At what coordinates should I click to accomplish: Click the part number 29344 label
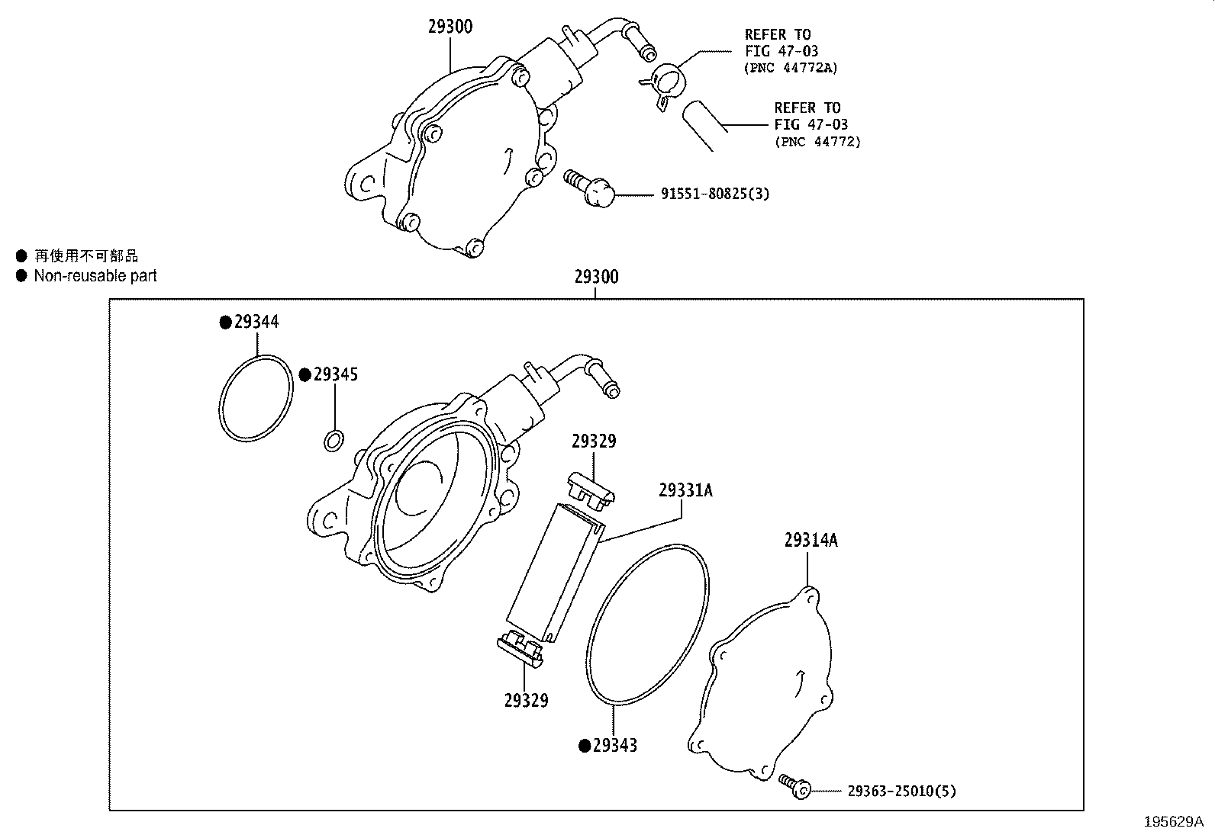click(256, 322)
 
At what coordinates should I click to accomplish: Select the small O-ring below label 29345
click(334, 440)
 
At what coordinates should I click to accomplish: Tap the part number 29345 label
click(336, 374)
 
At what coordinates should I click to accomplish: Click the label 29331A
click(685, 490)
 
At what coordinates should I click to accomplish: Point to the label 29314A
click(811, 541)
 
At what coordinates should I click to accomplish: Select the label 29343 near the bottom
click(615, 746)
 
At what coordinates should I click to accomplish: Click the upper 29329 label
click(594, 441)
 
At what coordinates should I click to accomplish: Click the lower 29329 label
click(526, 700)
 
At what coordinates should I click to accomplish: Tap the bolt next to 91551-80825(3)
click(590, 185)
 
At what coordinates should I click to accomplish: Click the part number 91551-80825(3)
click(714, 194)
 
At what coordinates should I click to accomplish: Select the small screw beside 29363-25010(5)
click(794, 785)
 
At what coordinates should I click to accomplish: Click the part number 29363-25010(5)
click(901, 791)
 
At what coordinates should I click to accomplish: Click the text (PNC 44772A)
click(790, 68)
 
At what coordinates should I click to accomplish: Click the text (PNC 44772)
click(817, 142)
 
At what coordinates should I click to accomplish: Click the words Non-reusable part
click(95, 276)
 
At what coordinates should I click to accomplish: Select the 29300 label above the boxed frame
click(597, 277)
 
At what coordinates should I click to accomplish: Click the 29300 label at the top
click(450, 27)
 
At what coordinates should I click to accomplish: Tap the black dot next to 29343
click(585, 746)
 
